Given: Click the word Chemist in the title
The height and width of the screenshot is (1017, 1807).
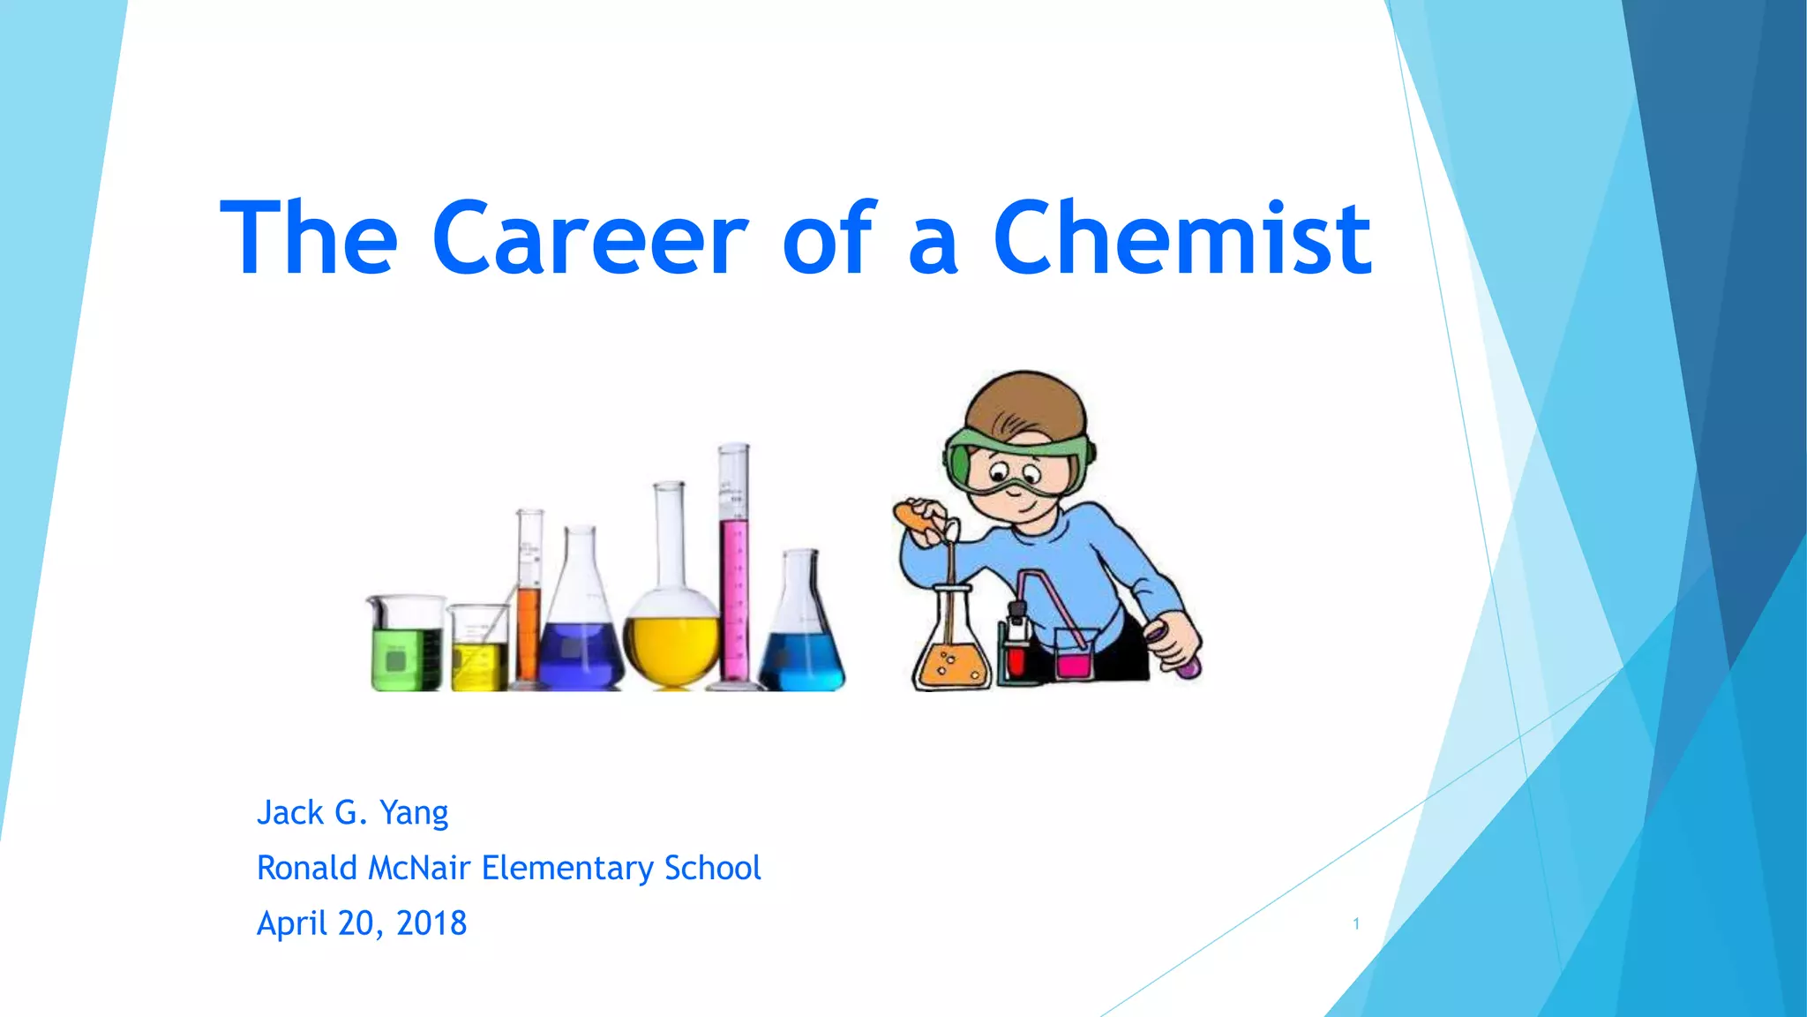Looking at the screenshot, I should pos(1182,238).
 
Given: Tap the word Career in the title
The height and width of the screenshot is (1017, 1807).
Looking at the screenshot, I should pos(589,238).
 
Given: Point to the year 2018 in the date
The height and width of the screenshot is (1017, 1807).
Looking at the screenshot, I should pos(431,923).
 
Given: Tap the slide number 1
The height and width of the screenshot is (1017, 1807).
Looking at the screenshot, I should pos(1356,924).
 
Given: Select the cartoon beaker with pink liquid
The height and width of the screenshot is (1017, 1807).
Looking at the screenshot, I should pos(1074,658).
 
